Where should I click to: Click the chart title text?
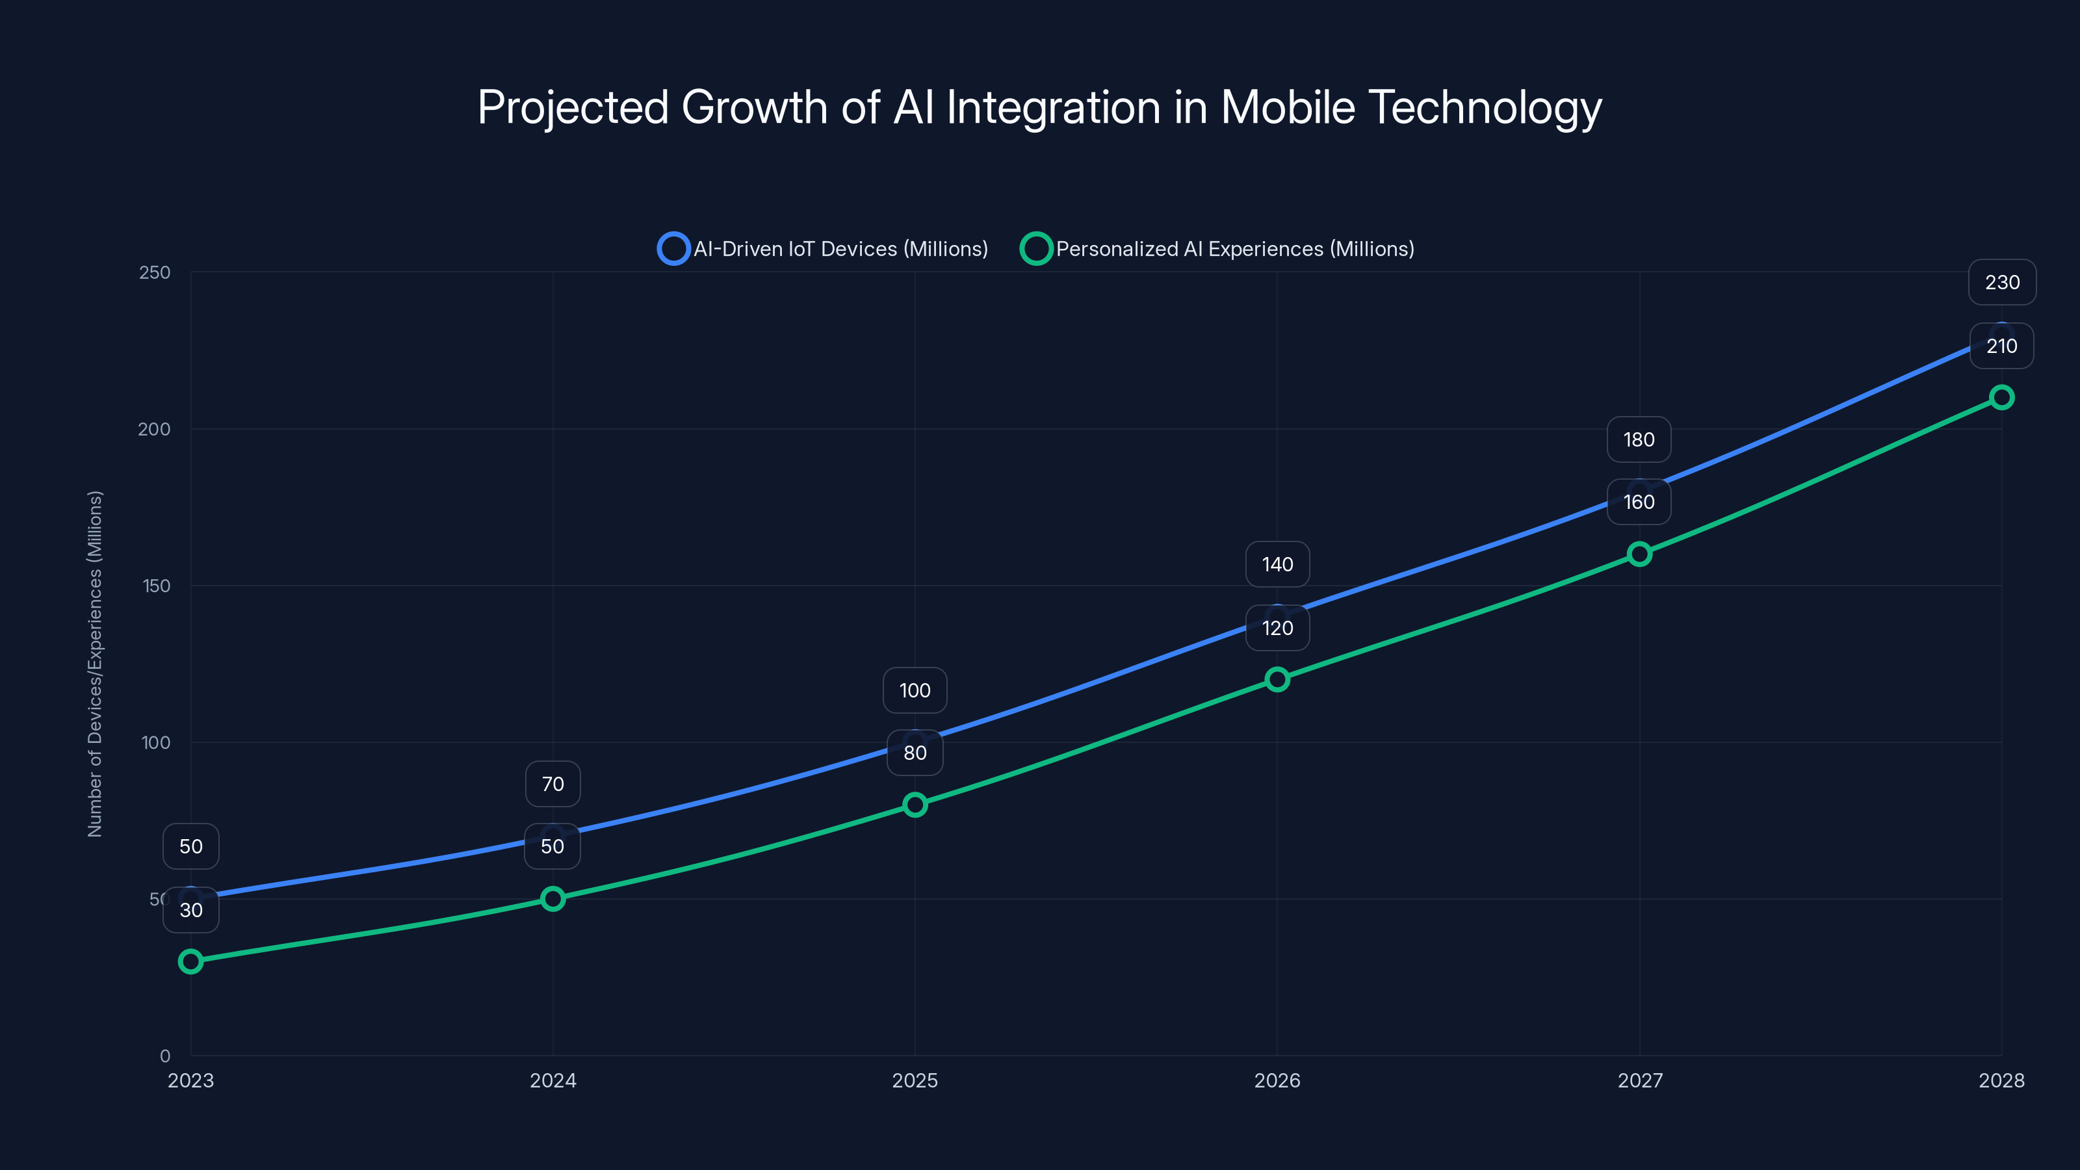coord(1039,107)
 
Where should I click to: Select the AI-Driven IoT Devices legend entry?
coord(824,249)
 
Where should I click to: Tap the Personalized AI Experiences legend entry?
coord(1217,249)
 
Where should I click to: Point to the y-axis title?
coord(94,663)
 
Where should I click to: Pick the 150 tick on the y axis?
coord(157,586)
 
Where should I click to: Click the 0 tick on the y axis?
coord(164,1056)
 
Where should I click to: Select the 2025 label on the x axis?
coord(914,1080)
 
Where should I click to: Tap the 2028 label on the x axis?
coord(2001,1080)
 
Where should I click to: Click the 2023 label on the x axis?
coord(190,1080)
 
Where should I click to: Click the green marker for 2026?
coord(1277,679)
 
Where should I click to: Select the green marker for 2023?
coord(190,961)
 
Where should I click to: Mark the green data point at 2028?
coord(2001,397)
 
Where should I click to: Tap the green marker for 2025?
coord(914,804)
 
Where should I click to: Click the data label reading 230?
coord(2002,283)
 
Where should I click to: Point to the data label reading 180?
coord(1638,439)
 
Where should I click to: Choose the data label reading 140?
coord(1277,564)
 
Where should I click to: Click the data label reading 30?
coord(190,910)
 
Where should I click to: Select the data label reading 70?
coord(552,784)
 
